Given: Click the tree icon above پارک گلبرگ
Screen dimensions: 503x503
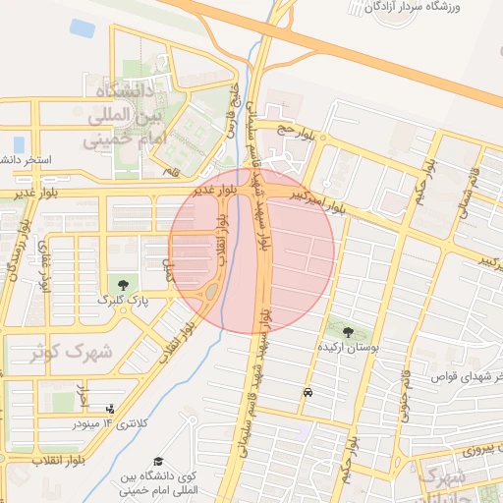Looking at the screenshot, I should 123,284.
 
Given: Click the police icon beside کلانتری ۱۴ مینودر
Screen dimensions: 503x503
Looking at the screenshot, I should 109,409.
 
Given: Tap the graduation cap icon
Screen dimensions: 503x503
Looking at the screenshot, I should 157,462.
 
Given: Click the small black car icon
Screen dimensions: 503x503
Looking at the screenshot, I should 308,392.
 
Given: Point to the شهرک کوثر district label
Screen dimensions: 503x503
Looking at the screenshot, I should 69,352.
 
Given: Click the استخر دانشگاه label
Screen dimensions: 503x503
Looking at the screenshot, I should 24,159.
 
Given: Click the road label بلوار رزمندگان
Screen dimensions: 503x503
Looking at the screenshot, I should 14,261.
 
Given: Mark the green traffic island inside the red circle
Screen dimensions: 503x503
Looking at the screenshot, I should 210,291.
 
